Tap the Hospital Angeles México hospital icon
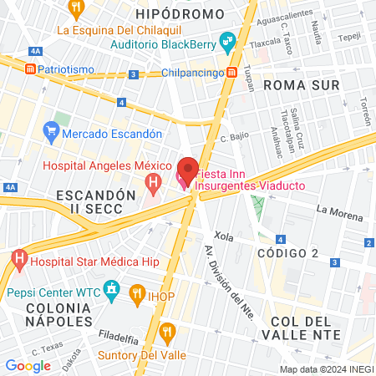tap(153, 181)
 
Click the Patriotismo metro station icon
tap(31, 68)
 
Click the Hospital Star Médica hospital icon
tap(18, 260)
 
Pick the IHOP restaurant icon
tap(136, 293)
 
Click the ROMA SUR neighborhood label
tap(301, 84)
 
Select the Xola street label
tap(223, 236)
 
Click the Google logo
tap(28, 365)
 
